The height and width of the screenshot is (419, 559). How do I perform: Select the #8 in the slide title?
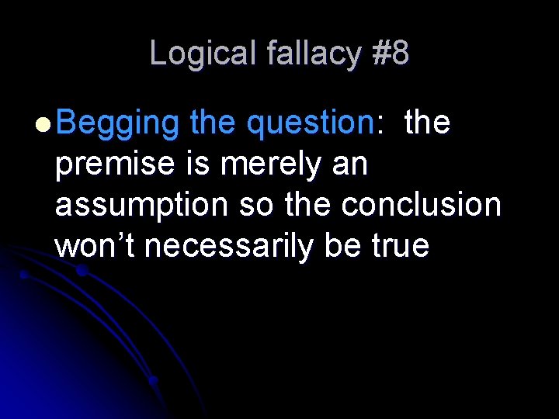(x=391, y=54)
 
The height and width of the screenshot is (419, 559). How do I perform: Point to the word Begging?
(x=117, y=123)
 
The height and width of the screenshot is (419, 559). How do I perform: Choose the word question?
(x=310, y=123)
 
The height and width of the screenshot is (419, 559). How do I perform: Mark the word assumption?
(x=142, y=205)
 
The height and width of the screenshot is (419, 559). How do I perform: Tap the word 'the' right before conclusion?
(x=311, y=205)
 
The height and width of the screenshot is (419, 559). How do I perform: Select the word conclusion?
(x=422, y=205)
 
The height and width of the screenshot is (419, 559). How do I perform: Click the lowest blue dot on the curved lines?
(x=154, y=381)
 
